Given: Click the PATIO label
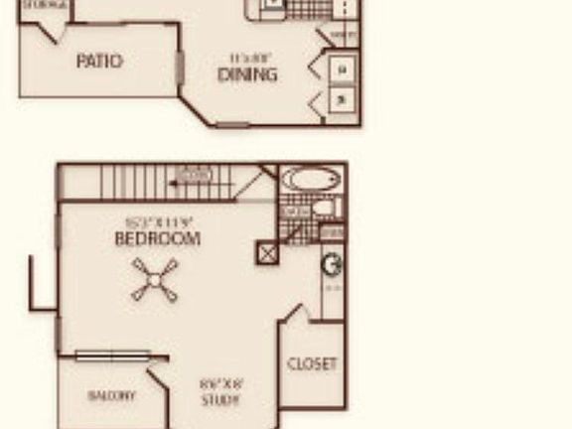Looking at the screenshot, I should click(x=99, y=62).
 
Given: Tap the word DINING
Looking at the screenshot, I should click(x=247, y=74).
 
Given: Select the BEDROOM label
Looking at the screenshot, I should click(x=157, y=239).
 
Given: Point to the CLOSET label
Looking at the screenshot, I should click(x=312, y=364).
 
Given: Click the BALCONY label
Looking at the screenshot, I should click(x=111, y=395).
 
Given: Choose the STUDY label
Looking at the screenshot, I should click(x=220, y=401).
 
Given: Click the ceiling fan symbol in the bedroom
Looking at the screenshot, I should click(x=155, y=280).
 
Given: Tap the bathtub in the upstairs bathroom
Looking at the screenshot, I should click(x=311, y=180).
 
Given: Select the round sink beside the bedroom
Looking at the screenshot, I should click(x=333, y=265).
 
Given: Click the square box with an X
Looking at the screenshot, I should click(x=267, y=252).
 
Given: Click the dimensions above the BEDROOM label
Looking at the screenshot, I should click(x=157, y=222).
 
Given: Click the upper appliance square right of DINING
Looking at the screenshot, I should click(x=343, y=70).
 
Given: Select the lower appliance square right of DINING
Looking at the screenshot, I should click(x=343, y=98).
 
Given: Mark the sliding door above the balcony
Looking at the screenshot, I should click(x=111, y=356).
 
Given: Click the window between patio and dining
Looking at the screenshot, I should click(x=180, y=68).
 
